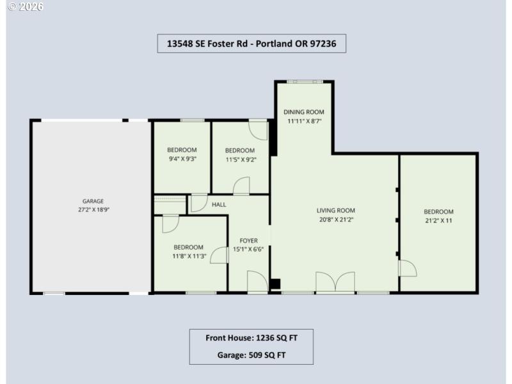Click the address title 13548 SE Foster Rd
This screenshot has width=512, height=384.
(252, 44)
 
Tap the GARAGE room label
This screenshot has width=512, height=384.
(92, 201)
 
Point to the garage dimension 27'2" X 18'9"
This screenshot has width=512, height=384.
(92, 209)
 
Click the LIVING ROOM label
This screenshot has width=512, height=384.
(335, 210)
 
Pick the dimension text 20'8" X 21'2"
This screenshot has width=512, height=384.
(335, 219)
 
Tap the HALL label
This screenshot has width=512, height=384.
(218, 204)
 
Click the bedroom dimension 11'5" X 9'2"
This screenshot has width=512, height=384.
(240, 160)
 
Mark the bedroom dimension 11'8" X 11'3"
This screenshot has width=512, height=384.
(188, 256)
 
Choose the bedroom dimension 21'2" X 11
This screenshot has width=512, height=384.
(438, 221)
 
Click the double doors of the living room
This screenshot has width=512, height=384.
(335, 282)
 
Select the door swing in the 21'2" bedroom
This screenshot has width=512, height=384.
(407, 268)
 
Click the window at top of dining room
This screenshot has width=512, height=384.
(304, 81)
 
